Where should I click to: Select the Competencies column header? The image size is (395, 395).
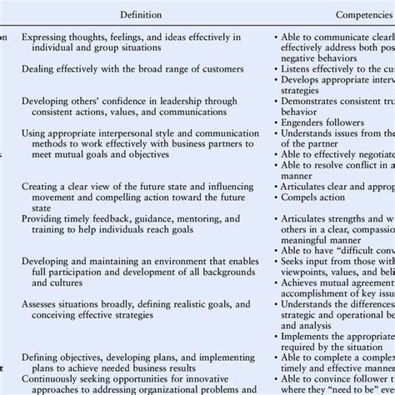(352, 14)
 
